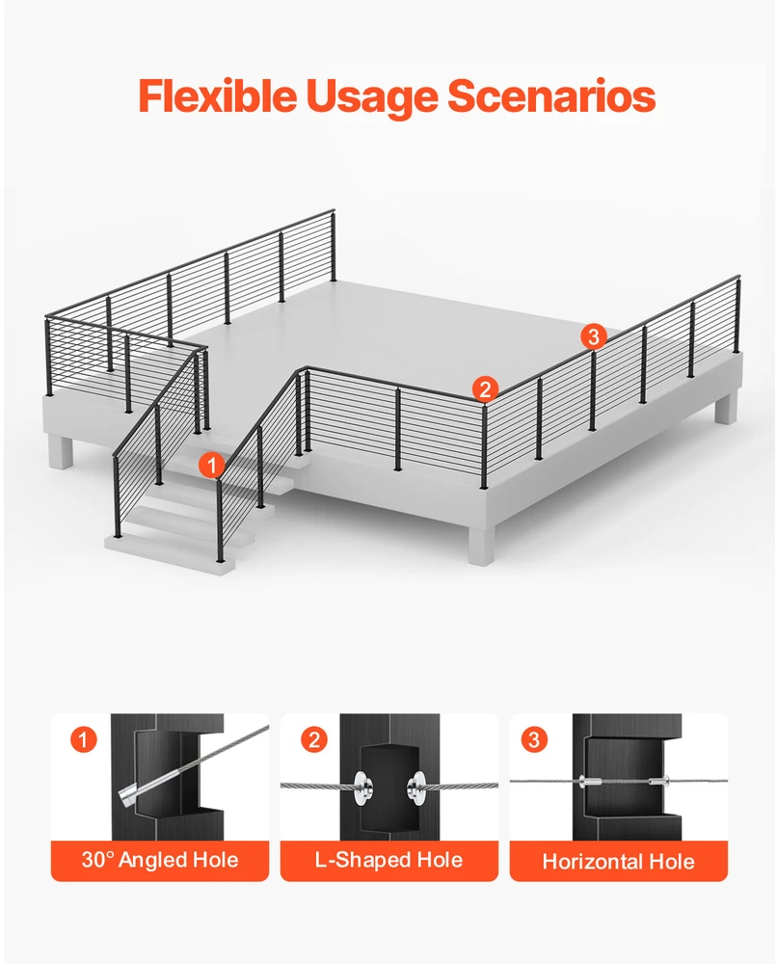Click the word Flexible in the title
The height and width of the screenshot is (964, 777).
(x=218, y=95)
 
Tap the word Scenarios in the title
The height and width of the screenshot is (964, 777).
(x=550, y=96)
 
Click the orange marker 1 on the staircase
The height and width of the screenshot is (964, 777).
(x=212, y=466)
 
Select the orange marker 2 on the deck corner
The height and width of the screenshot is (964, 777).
(x=485, y=389)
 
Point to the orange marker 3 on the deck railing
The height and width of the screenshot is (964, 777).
(x=594, y=336)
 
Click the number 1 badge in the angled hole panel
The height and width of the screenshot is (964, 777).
(x=84, y=739)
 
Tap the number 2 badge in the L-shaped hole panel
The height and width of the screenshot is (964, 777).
(x=313, y=739)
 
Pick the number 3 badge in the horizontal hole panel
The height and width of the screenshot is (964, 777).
(x=533, y=739)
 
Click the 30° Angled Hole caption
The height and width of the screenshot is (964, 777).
(x=160, y=860)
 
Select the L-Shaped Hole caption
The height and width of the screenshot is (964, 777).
(x=389, y=860)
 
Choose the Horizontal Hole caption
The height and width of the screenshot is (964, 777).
(x=618, y=861)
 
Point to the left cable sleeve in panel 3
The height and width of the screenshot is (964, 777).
(x=590, y=782)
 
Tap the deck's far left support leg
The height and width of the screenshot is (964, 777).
(x=60, y=452)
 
